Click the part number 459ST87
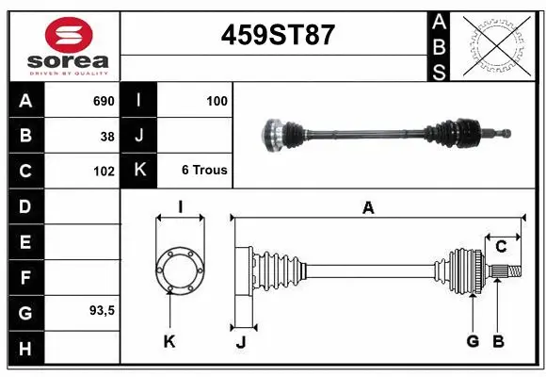click(x=277, y=36)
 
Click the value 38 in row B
click(x=107, y=137)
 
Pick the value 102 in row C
click(x=104, y=172)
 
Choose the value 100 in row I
click(x=217, y=100)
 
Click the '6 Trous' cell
click(x=204, y=171)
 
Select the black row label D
click(x=24, y=206)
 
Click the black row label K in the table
click(x=139, y=171)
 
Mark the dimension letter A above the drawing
click(x=368, y=208)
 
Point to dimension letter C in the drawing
click(x=502, y=246)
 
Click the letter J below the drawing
click(x=241, y=342)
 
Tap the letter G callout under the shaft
click(x=473, y=341)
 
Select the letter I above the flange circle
click(x=180, y=207)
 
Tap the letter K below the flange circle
click(x=169, y=342)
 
